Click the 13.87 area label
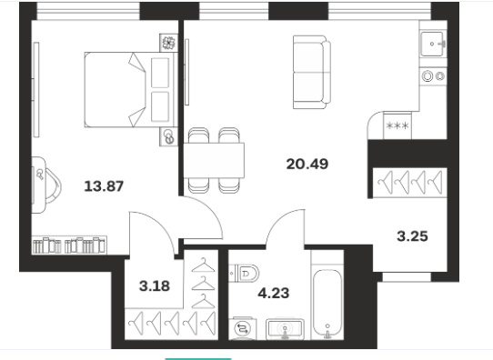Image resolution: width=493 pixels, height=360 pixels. click(x=104, y=186)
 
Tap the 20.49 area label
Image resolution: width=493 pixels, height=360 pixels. click(x=307, y=164)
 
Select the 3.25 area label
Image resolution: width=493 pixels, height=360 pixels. click(x=412, y=236)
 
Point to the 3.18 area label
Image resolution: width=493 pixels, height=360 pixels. click(x=155, y=286)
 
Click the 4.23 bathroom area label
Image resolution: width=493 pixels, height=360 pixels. click(x=274, y=293)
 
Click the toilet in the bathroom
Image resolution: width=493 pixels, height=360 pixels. click(x=244, y=273)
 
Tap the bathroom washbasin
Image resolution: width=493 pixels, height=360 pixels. click(x=285, y=329)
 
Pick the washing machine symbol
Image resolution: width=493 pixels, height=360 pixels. click(x=243, y=328)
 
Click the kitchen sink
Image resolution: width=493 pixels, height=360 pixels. click(x=432, y=44)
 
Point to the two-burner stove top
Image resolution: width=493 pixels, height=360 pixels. click(x=433, y=76)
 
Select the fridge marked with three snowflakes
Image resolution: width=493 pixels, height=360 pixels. click(x=397, y=125)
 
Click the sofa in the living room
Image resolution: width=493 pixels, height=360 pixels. click(x=312, y=72)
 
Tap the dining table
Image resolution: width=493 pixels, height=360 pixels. click(x=214, y=160)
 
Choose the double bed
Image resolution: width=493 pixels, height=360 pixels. click(x=130, y=89)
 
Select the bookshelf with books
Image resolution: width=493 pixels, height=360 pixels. click(x=69, y=245)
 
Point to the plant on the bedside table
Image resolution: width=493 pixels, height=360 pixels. click(x=168, y=43)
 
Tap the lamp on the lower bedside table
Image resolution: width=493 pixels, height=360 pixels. click(x=169, y=136)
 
